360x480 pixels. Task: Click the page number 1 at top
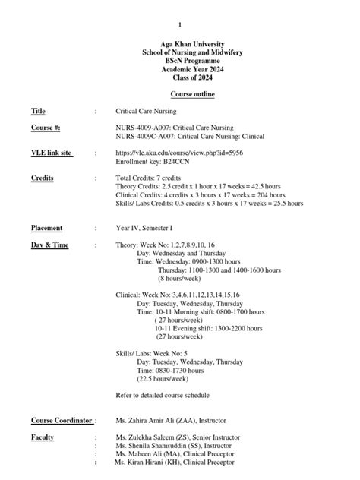tap(180, 25)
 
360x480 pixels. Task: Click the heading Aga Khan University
tap(180, 45)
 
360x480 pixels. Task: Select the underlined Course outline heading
tap(180, 94)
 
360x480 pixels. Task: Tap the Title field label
tap(38, 111)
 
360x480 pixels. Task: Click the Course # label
tap(46, 128)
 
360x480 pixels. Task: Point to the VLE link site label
tap(51, 153)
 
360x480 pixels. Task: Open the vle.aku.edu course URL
tap(178, 153)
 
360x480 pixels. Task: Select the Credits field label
tap(42, 178)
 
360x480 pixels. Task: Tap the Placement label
tap(46, 228)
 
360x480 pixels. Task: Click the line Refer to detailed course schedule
tap(162, 395)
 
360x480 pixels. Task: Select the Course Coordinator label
tap(62, 420)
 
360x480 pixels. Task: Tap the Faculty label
tap(43, 437)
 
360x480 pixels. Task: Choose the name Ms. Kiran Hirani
tap(143, 462)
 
